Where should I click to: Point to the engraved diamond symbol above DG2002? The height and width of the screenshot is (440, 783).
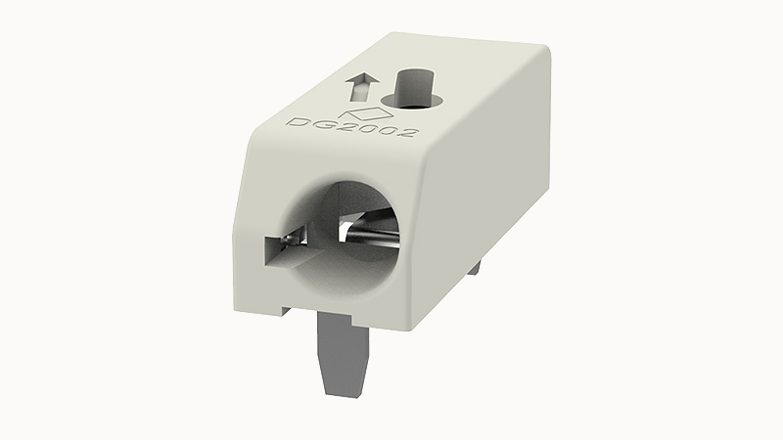pos(368,112)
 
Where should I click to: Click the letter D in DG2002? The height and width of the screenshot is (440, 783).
pos(298,122)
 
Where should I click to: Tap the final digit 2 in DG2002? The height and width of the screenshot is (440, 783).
pos(406,132)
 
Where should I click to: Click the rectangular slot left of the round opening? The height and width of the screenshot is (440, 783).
pos(285,249)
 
